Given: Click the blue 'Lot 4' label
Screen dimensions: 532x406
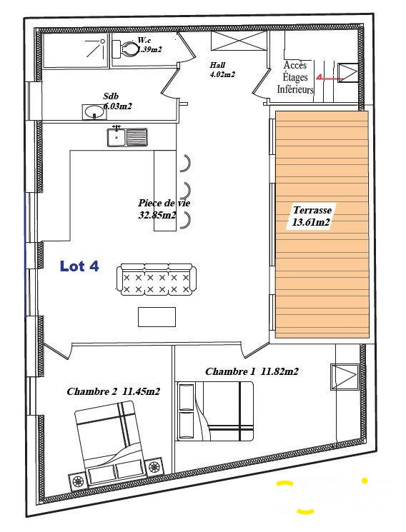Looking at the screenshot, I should pyautogui.click(x=79, y=266).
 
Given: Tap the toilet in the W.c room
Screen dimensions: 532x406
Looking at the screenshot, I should pyautogui.click(x=127, y=49).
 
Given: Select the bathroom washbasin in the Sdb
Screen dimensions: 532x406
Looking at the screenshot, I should pyautogui.click(x=93, y=111).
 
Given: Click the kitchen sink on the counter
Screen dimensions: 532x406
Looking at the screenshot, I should pyautogui.click(x=127, y=136).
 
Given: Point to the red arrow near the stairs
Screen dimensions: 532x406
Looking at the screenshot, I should pyautogui.click(x=329, y=76).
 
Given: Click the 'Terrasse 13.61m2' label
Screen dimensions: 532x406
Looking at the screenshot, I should pyautogui.click(x=312, y=216).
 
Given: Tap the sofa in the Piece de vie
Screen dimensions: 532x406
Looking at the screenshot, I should pyautogui.click(x=156, y=279).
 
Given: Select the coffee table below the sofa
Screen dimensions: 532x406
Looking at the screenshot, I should pyautogui.click(x=157, y=316).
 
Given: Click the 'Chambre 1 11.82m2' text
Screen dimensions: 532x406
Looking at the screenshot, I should pyautogui.click(x=252, y=371).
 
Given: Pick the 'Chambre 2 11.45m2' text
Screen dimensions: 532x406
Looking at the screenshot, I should pyautogui.click(x=113, y=391).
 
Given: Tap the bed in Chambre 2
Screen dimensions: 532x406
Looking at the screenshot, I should pyautogui.click(x=111, y=441).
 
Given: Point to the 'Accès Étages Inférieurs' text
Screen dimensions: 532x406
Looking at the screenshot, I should pyautogui.click(x=298, y=77).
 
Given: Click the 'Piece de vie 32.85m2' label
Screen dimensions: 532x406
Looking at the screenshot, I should pyautogui.click(x=164, y=209).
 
